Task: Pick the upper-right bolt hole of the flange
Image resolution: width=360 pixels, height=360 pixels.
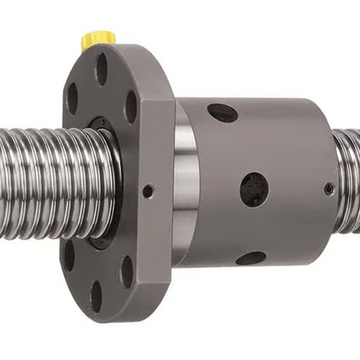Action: point(131,107)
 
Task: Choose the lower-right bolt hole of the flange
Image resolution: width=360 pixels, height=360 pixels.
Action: point(127,271)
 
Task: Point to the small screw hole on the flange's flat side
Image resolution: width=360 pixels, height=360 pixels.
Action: point(148,191)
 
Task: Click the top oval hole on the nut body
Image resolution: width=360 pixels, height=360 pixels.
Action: point(222,112)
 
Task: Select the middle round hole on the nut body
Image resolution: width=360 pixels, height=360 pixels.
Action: point(254,189)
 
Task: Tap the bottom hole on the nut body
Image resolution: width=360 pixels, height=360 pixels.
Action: point(251,257)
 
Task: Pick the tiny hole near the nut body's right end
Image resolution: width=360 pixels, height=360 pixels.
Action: point(329,189)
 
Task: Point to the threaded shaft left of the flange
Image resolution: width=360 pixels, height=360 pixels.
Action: point(43,184)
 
